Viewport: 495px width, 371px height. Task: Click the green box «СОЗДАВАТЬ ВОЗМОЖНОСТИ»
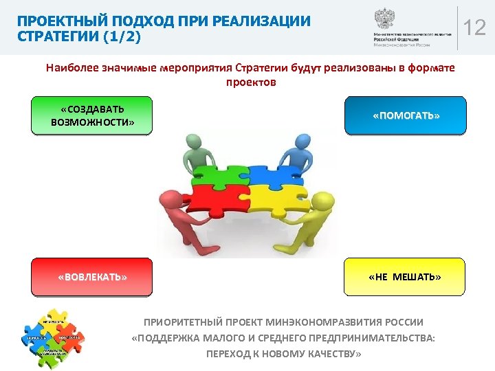(x=91, y=115)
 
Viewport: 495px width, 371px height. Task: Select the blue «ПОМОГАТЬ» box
(x=406, y=115)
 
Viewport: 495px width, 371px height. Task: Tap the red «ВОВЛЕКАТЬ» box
(x=91, y=277)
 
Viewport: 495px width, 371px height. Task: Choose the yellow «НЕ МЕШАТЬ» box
(x=404, y=277)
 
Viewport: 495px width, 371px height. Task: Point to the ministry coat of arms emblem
(x=384, y=18)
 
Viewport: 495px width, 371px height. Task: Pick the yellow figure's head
(x=320, y=201)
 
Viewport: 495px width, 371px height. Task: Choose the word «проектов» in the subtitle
(x=250, y=82)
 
